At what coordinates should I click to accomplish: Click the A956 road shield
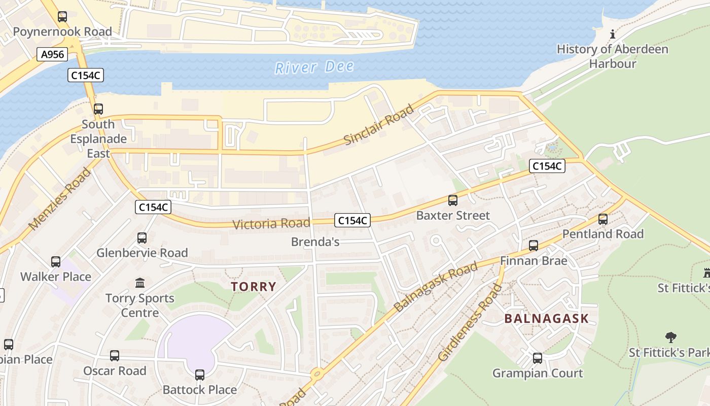(x=52, y=54)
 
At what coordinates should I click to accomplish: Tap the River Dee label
(x=314, y=67)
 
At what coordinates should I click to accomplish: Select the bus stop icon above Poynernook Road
(x=62, y=17)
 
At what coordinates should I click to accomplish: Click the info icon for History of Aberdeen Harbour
(x=613, y=34)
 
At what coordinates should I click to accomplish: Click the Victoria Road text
(x=271, y=224)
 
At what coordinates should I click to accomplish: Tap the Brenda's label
(x=315, y=242)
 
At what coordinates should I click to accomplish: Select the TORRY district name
(x=254, y=287)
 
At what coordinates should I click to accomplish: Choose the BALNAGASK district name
(x=546, y=319)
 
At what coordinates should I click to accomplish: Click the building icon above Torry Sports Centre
(x=139, y=283)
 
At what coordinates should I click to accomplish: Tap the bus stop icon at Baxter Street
(x=453, y=200)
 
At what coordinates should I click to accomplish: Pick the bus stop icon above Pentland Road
(x=602, y=219)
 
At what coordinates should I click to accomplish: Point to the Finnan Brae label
(x=533, y=261)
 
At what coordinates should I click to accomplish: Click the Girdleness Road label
(x=470, y=323)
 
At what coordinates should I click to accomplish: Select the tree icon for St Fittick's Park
(x=670, y=337)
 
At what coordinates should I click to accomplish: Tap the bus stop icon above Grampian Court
(x=538, y=358)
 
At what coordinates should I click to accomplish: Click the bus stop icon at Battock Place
(x=200, y=375)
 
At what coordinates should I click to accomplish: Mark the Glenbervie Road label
(x=142, y=253)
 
